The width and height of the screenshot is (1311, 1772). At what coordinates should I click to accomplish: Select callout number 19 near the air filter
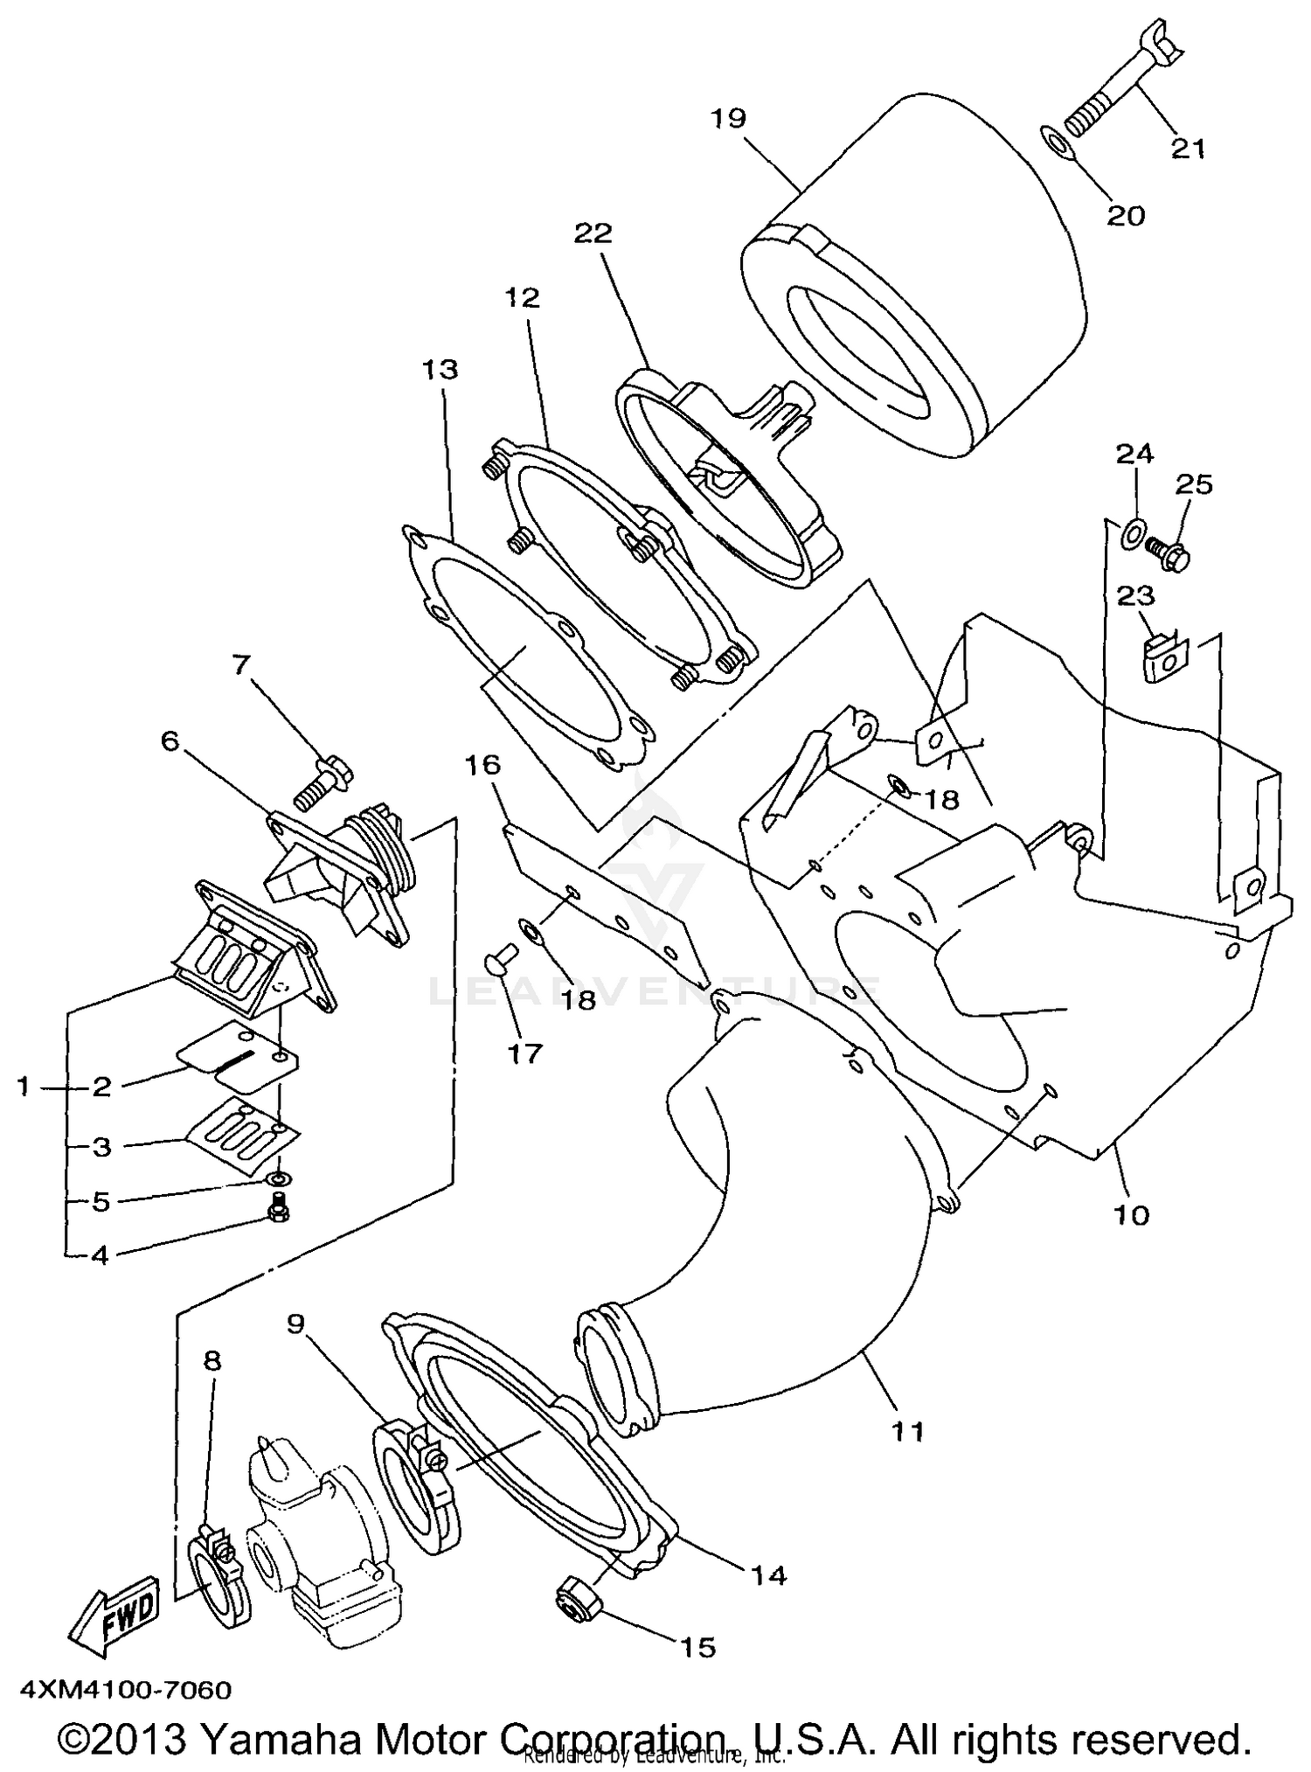tap(727, 118)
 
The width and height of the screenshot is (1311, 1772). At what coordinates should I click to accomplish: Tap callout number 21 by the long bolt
tap(1188, 149)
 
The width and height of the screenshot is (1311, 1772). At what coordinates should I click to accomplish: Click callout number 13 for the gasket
tap(440, 370)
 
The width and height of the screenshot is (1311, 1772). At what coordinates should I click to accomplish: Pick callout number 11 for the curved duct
tap(907, 1431)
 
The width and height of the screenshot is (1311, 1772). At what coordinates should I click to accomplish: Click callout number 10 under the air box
tap(1132, 1215)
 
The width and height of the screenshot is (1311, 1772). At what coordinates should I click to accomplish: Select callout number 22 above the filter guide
tap(593, 233)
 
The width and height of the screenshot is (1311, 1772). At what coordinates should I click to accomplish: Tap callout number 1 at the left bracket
tap(24, 1087)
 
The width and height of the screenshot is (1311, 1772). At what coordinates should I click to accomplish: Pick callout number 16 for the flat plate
tap(482, 766)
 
